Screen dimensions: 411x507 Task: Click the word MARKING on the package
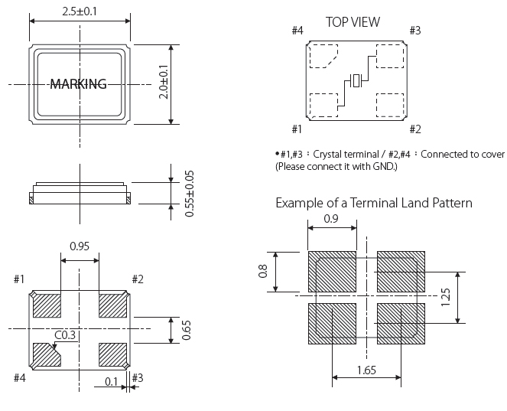(78, 84)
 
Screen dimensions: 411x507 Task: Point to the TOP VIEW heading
(353, 22)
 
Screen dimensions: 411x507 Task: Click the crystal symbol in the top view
(356, 80)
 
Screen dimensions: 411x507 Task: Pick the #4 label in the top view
(298, 31)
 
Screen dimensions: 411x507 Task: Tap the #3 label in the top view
(414, 31)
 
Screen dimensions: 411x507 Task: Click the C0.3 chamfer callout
(64, 334)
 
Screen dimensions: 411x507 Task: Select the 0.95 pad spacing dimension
(80, 246)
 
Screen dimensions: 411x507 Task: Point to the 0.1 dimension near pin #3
(112, 380)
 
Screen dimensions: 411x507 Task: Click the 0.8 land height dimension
(263, 272)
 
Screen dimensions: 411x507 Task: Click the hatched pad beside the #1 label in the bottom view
(47, 305)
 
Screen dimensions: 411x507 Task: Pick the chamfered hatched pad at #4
(47, 354)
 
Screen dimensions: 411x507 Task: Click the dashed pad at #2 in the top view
(391, 104)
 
